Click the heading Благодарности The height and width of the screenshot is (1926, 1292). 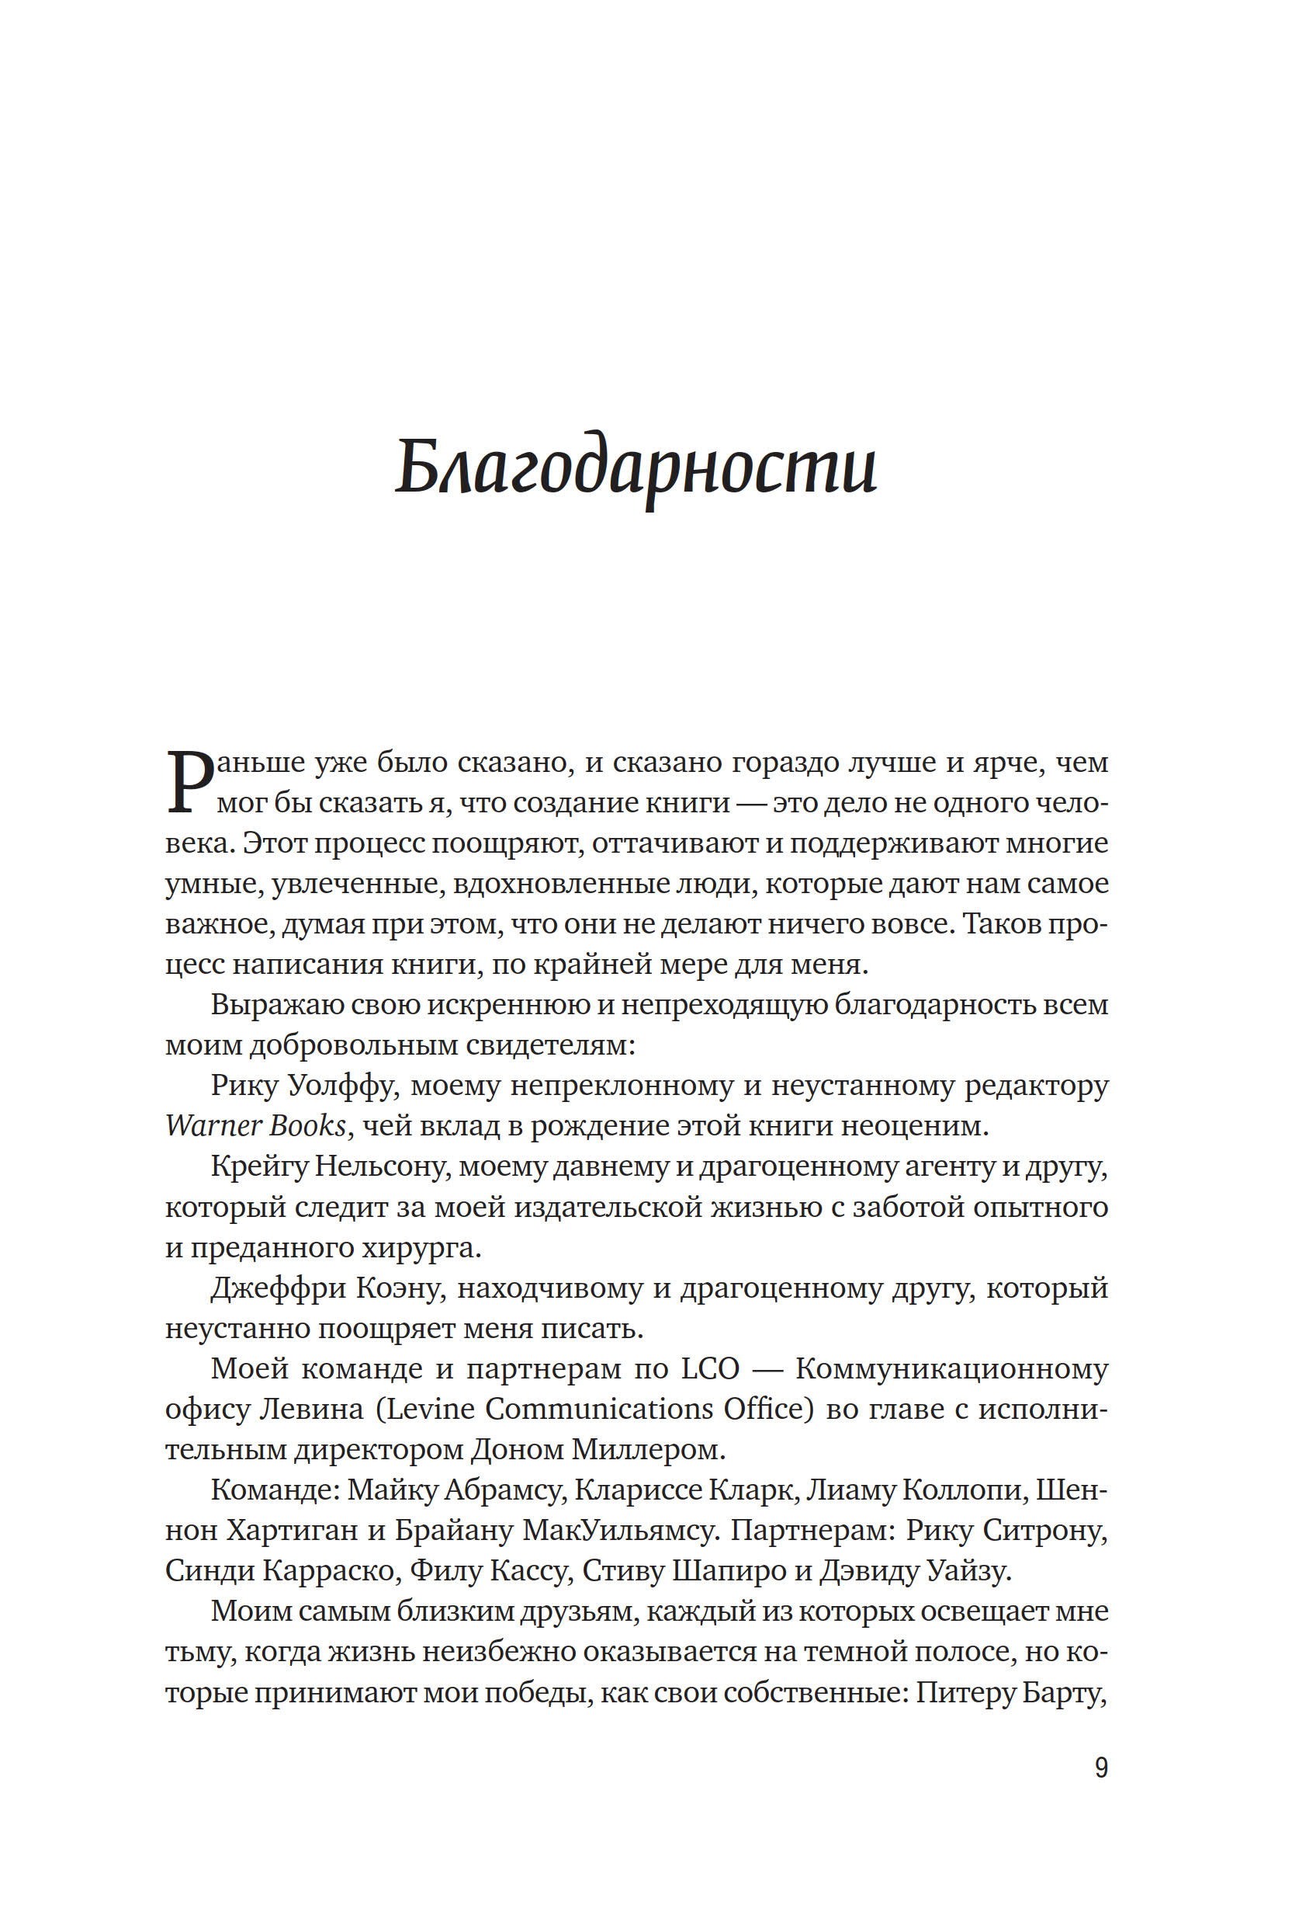636,467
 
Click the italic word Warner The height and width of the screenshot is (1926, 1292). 214,1125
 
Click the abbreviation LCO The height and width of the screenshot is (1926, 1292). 710,1368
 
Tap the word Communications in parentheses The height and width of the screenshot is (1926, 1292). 598,1409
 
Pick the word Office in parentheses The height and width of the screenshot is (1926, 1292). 768,1409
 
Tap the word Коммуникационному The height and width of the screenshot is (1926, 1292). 951,1368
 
